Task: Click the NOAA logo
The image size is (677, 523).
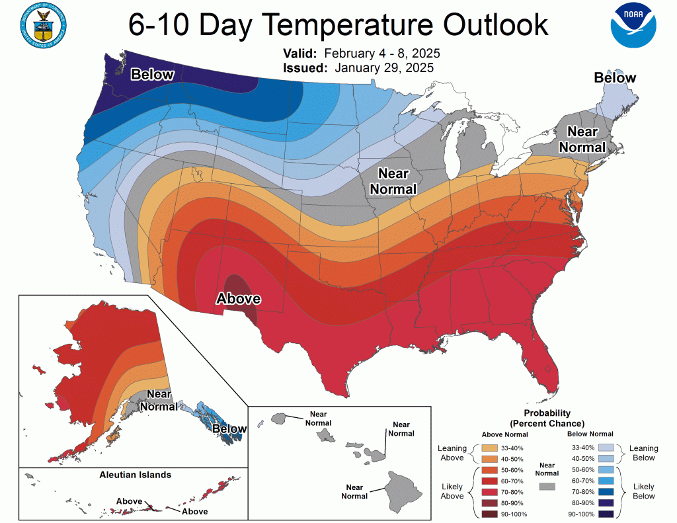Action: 634,25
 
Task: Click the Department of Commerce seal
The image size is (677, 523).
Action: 44,25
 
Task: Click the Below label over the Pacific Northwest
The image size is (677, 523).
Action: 152,75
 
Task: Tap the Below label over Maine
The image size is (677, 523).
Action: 614,78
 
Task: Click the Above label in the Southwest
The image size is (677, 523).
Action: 239,299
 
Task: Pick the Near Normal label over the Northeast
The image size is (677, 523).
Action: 582,140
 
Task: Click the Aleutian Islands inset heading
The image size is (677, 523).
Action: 135,475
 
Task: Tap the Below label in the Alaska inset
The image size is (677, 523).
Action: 229,430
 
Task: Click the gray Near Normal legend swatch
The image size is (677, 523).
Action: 546,486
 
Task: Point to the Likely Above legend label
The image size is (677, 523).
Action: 452,491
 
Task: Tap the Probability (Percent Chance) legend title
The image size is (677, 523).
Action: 547,418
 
